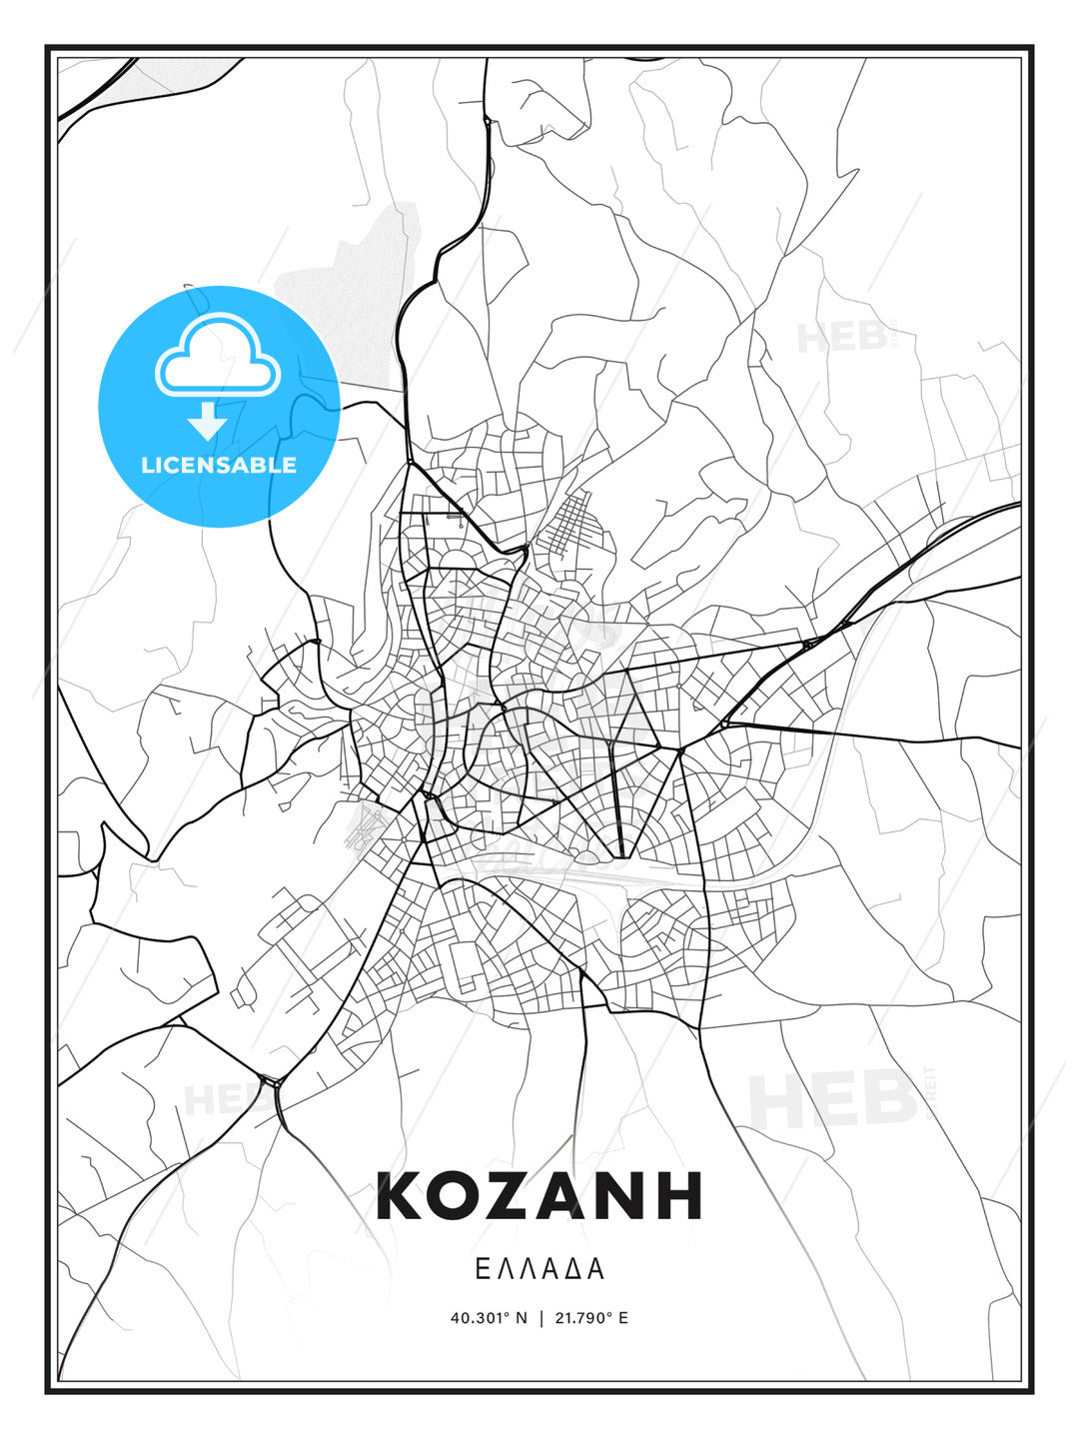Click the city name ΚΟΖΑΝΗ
coord(539,1196)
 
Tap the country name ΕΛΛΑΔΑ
coord(539,1269)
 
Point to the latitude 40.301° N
coord(489,1318)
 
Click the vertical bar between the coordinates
coord(541,1318)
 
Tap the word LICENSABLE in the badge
coord(219,465)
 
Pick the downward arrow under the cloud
coord(208,421)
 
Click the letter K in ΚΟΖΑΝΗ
coord(403,1196)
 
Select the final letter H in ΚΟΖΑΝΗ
coord(676,1196)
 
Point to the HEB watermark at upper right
coord(841,337)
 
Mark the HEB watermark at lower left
coord(215,1100)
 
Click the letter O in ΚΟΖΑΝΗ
coord(460,1196)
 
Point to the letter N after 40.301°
coord(521,1318)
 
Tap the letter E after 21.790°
coord(623,1318)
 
